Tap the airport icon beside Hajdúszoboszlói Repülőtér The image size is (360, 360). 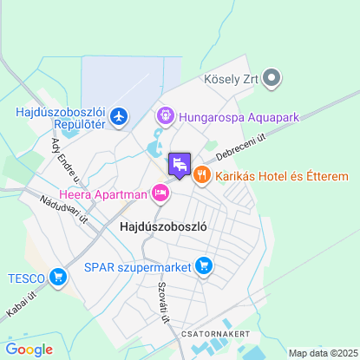click(x=119, y=116)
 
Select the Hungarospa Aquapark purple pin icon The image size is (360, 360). click(x=165, y=115)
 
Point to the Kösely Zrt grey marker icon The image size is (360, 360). click(x=272, y=79)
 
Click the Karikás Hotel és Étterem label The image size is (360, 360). click(x=282, y=176)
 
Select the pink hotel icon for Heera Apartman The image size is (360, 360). click(x=160, y=193)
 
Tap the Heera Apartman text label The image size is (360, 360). click(x=102, y=193)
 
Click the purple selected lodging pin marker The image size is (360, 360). click(x=180, y=164)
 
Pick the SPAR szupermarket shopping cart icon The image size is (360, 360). click(x=204, y=265)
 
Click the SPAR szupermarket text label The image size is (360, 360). click(x=138, y=265)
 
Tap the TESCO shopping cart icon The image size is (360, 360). click(x=58, y=278)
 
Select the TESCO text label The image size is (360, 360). click(x=25, y=278)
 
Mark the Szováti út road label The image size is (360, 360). click(x=164, y=304)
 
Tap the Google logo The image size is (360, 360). click(x=29, y=350)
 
